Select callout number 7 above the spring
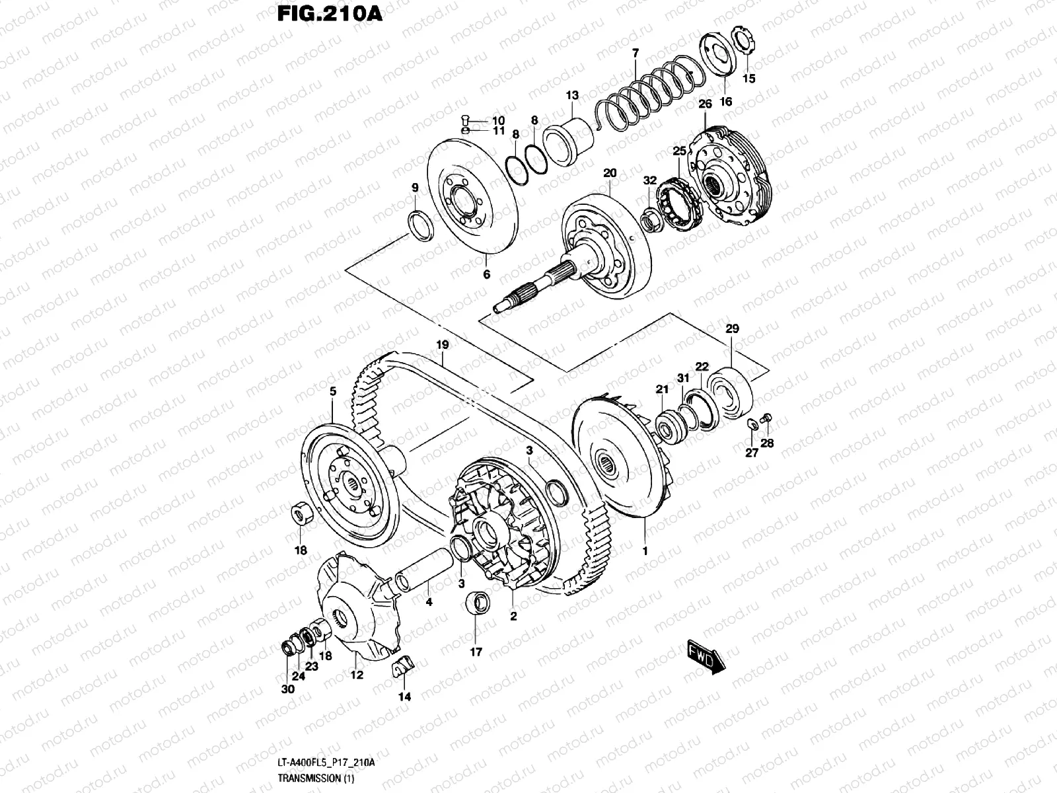click(635, 53)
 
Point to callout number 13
click(571, 96)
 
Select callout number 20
click(609, 173)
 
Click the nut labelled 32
click(651, 219)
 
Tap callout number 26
click(705, 104)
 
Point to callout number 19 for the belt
click(442, 344)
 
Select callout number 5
click(332, 391)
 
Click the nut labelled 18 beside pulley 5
click(301, 515)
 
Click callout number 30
click(287, 689)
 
